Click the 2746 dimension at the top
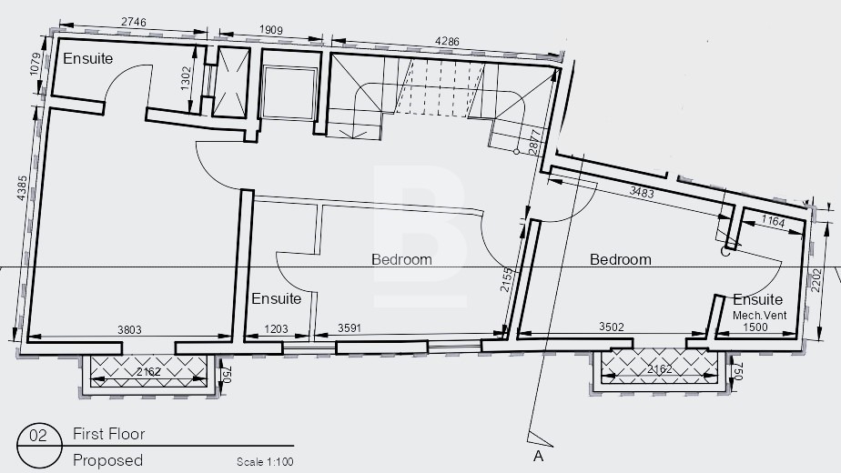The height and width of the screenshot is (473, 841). click(134, 22)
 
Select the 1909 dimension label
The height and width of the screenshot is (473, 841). click(271, 30)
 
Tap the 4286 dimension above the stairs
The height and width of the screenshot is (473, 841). click(447, 41)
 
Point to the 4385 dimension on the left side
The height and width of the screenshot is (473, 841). click(22, 188)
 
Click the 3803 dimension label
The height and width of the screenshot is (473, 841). click(129, 330)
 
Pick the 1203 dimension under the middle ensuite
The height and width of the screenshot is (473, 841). click(276, 328)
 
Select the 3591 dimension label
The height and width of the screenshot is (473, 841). click(350, 327)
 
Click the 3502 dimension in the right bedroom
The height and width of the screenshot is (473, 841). click(612, 327)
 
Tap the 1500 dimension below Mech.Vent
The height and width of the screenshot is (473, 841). click(755, 327)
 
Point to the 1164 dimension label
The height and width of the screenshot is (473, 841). click(773, 221)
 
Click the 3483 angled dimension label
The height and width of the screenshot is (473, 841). click(642, 192)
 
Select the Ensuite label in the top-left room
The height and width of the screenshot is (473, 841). click(88, 58)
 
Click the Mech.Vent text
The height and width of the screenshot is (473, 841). click(759, 316)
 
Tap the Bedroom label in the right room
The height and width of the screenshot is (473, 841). click(621, 259)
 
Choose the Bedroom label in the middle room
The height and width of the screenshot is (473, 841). click(401, 259)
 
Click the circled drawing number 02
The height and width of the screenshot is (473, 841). click(38, 435)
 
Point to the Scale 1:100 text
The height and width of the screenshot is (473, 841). click(265, 462)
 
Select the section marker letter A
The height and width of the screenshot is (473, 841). click(538, 457)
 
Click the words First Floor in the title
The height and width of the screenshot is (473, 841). click(109, 434)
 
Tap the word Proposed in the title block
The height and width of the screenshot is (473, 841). click(107, 460)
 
